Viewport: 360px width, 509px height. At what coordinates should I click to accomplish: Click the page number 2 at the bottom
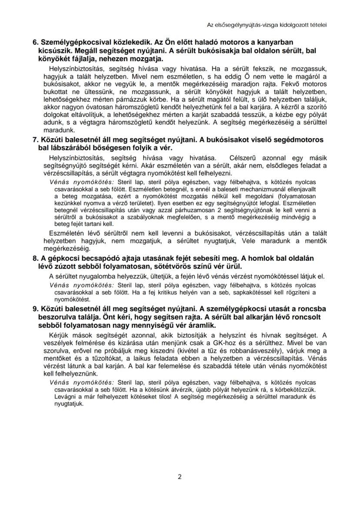pos(180,476)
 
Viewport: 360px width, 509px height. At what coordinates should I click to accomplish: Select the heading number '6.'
pos(36,43)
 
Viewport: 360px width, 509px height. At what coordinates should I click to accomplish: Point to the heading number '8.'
pos(36,258)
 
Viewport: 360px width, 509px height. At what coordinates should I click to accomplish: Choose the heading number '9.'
pos(36,309)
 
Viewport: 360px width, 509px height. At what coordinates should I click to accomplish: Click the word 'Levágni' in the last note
pos(60,397)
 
